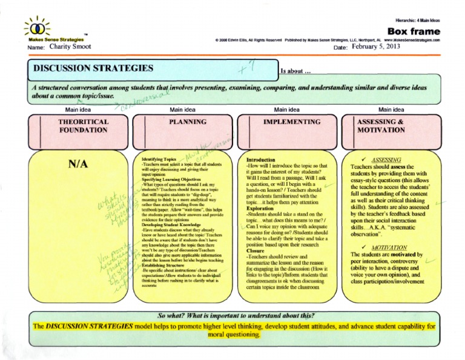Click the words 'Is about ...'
coord(296,71)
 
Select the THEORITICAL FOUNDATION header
coord(83,126)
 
